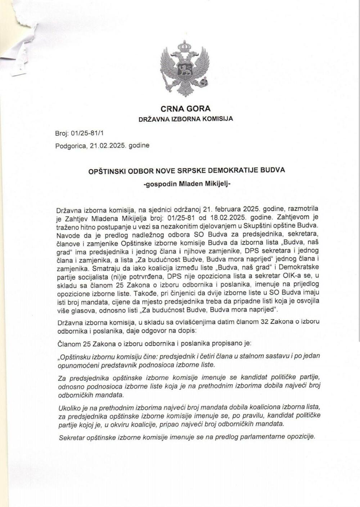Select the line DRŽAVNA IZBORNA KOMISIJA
click(x=185, y=119)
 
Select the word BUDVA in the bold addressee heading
click(x=274, y=170)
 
